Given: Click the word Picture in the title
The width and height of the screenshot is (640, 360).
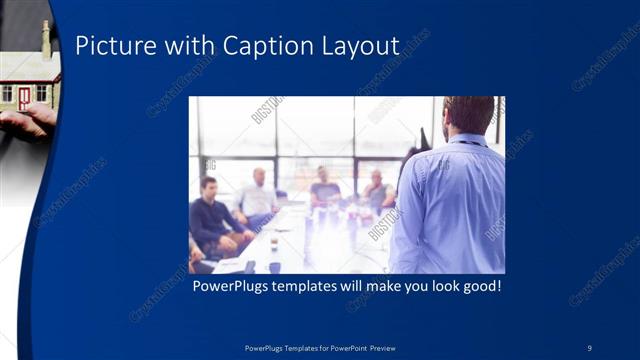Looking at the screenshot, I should coord(111,46).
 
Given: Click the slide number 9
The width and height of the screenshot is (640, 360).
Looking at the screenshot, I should coord(589,347).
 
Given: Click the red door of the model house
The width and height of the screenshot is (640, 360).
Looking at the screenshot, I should coord(24,97).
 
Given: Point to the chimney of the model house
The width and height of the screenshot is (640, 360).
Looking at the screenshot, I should coord(45,37).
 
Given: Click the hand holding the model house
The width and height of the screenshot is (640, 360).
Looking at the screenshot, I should coord(25,122).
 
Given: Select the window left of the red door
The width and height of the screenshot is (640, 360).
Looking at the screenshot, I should coord(7,93).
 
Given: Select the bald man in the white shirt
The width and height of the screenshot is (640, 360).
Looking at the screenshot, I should coord(258,195).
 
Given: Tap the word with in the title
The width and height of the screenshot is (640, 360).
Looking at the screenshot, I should coord(190,46).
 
